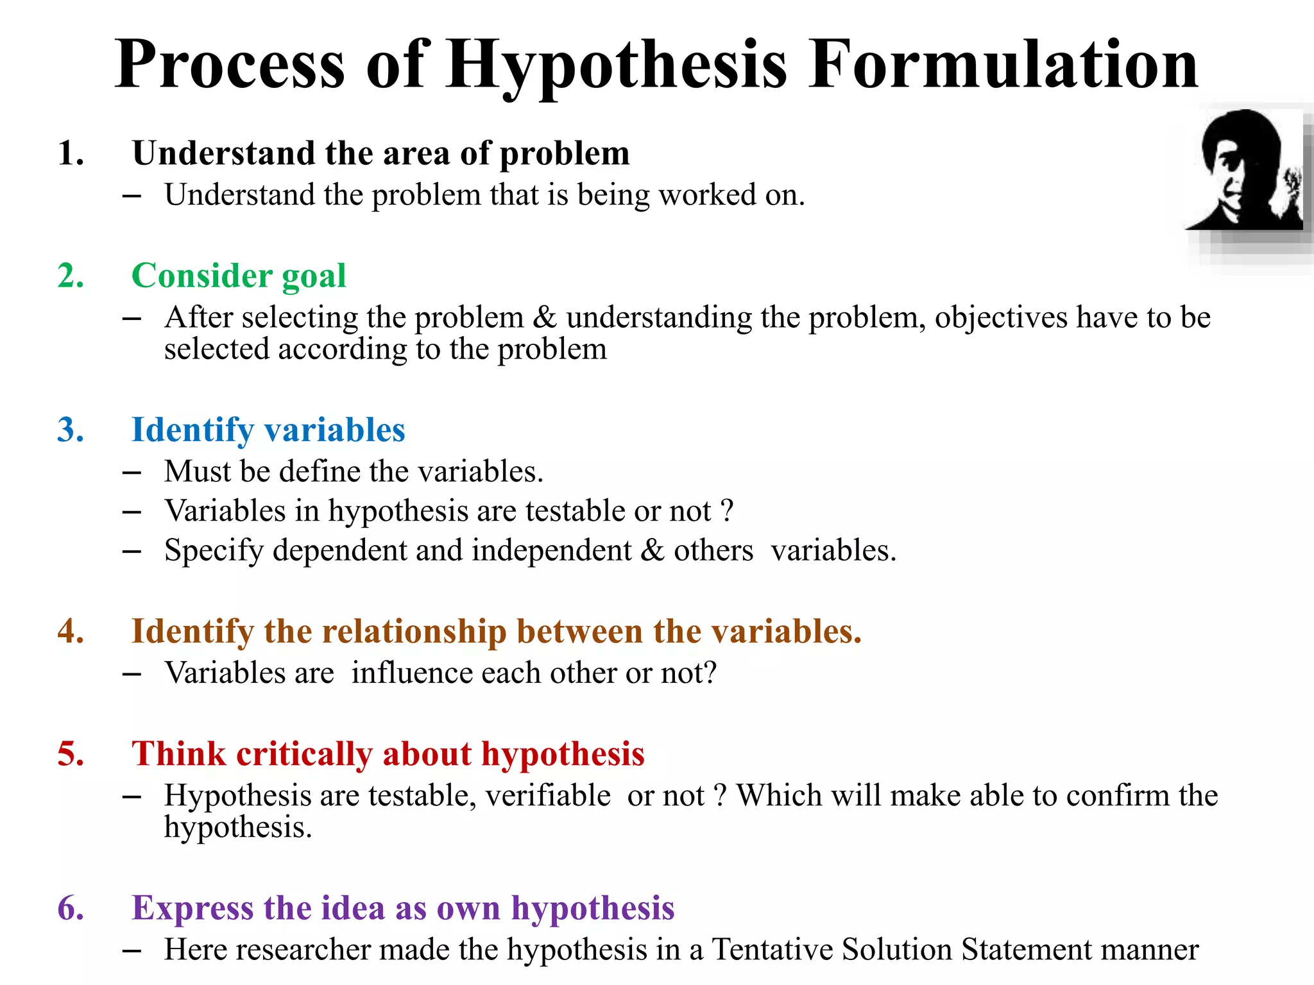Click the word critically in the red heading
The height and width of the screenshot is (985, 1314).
click(x=304, y=754)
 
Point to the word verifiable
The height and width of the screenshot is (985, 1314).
click(x=548, y=796)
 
